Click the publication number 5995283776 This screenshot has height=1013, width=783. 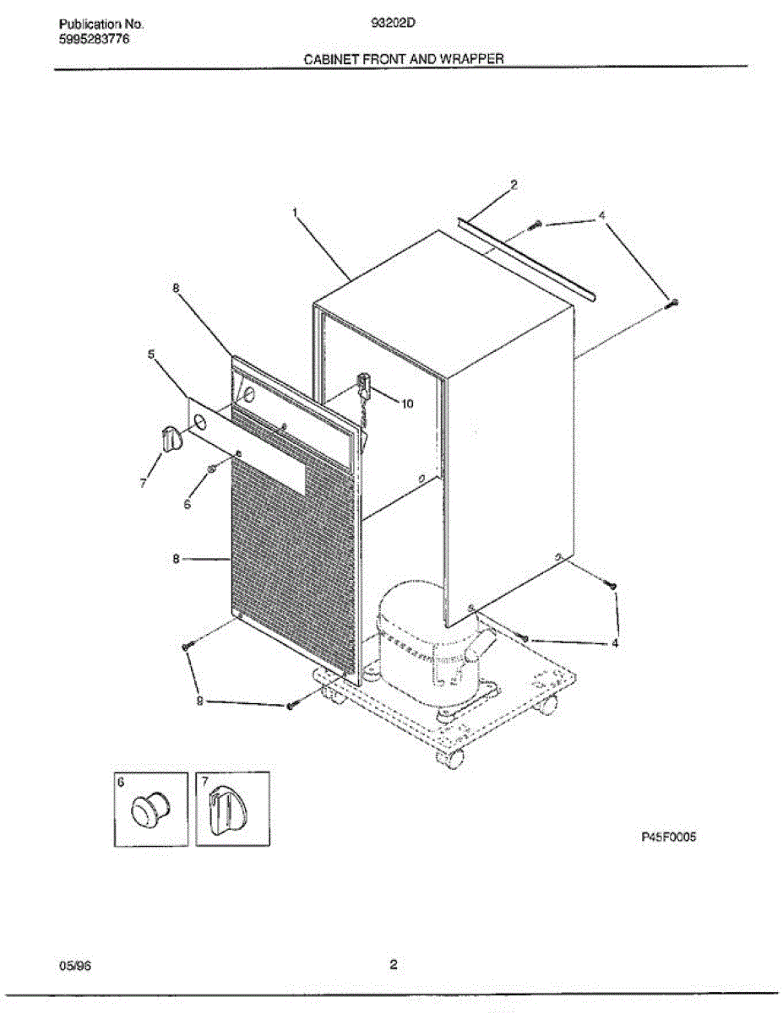pos(95,39)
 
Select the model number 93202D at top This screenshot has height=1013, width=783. pos(392,24)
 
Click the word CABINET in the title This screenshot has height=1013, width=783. pos(332,59)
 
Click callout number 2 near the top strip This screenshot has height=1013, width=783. pos(514,184)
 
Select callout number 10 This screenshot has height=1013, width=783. pos(407,404)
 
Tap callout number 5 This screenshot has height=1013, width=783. pos(151,355)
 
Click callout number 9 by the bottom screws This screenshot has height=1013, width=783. pos(200,700)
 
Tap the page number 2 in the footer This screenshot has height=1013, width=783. pos(393,964)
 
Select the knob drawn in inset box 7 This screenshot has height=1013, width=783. pos(226,811)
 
